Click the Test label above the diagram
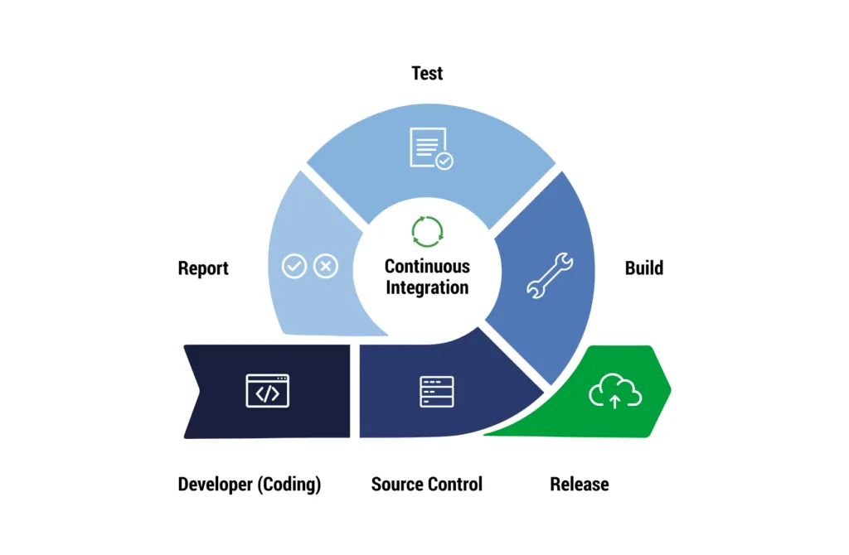[427, 73]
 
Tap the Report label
[203, 268]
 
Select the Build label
[644, 268]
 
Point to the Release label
[580, 485]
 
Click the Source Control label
[426, 485]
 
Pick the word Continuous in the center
[427, 267]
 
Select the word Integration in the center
[427, 287]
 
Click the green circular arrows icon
[427, 232]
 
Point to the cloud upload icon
[615, 391]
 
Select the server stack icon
[437, 391]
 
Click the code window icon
[268, 391]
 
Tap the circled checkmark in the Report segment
[294, 266]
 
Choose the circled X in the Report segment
[326, 266]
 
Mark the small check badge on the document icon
[445, 161]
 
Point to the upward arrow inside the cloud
[614, 402]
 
